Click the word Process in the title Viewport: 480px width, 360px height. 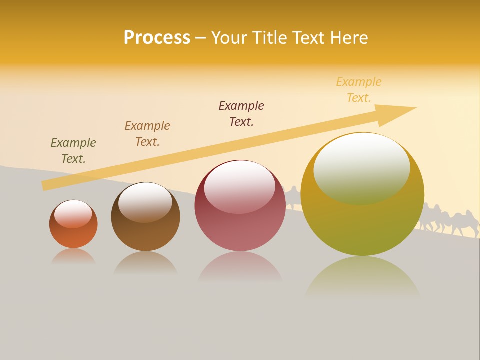157,38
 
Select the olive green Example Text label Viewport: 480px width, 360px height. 73,151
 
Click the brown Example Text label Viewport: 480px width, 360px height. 147,134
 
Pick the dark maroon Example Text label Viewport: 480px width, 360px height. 241,114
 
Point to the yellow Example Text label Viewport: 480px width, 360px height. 359,90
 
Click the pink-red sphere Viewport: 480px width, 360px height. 240,230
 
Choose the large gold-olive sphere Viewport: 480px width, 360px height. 362,225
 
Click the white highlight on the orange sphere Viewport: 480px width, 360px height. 73,214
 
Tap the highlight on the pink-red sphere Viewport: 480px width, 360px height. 240,186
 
